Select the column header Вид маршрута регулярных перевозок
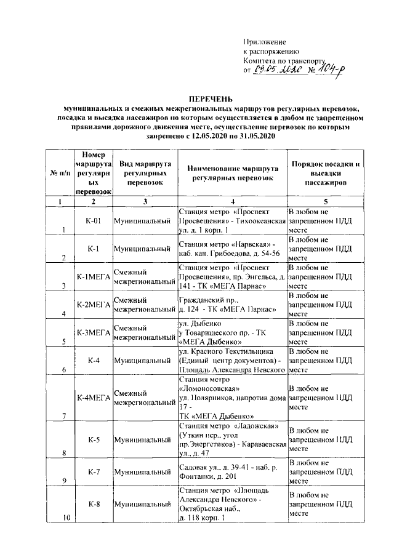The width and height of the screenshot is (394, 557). [144, 173]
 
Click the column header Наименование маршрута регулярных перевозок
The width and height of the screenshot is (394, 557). [232, 173]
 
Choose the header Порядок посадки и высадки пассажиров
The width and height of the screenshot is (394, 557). [326, 173]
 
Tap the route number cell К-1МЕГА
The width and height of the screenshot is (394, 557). [92, 277]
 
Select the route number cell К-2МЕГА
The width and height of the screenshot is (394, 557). [92, 304]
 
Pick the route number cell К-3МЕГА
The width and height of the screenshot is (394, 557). [92, 333]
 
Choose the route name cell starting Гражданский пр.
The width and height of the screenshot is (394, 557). [232, 304]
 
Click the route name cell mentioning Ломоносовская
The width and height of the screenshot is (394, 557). [232, 398]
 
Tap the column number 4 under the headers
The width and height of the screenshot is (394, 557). [232, 201]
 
